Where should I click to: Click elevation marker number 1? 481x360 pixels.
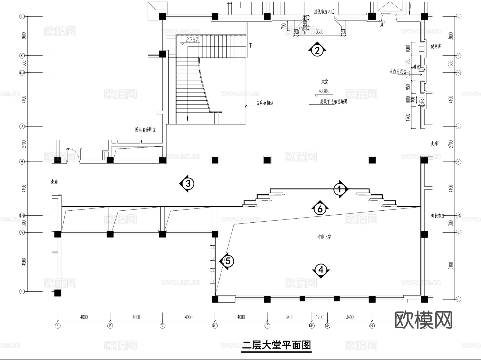pos(340,189)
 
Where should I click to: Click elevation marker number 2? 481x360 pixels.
pos(317,50)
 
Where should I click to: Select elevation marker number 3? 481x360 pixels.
pos(188,184)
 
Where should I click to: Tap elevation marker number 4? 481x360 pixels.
pos(321,270)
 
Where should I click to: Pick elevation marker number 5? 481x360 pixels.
pos(228,261)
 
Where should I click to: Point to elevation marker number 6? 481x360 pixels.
pos(320,209)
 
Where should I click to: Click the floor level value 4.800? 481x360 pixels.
pos(324,91)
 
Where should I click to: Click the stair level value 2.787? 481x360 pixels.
pos(192,40)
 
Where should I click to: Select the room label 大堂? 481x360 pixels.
pos(324,81)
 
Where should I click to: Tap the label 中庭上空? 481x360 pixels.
pos(324,237)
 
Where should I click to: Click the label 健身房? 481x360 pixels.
pos(436,46)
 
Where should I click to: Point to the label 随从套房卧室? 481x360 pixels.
pos(145,130)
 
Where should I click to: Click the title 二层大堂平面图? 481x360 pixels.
pos(276,346)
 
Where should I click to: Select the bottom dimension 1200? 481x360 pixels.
pos(319,317)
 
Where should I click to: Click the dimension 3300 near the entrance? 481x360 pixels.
pos(320,32)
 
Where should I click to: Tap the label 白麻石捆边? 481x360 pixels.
pos(265,103)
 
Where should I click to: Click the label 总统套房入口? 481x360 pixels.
pos(324,12)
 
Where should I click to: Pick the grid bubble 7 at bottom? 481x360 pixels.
pos(58,326)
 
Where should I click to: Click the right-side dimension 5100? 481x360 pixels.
pos(451,266)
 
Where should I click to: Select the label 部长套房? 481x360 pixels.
pos(437,216)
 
